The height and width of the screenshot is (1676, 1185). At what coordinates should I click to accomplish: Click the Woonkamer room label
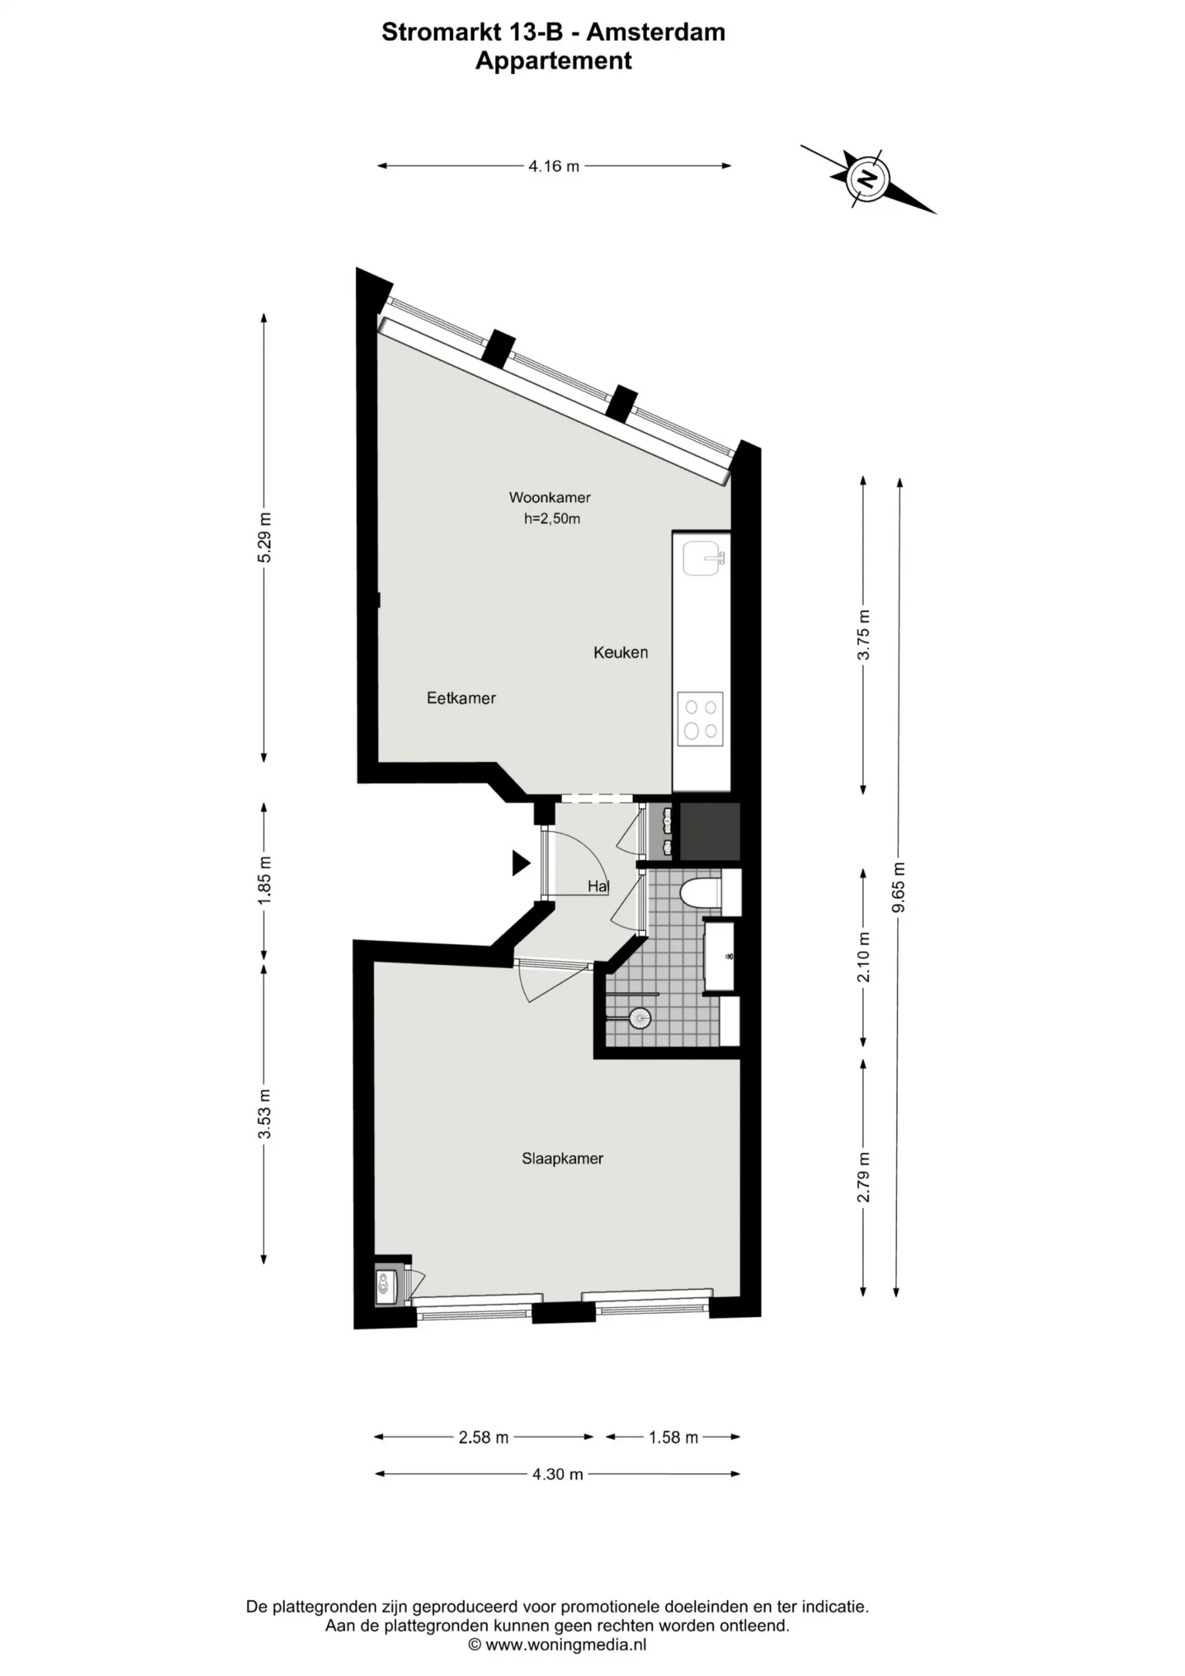[549, 498]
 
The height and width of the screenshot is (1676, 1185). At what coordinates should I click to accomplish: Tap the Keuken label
[621, 653]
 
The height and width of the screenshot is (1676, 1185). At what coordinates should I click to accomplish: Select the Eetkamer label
[462, 698]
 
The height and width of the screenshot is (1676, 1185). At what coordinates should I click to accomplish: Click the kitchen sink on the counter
[704, 558]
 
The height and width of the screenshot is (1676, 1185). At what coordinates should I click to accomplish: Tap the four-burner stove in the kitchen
[700, 719]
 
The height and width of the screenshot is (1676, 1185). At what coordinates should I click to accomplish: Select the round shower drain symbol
[640, 1018]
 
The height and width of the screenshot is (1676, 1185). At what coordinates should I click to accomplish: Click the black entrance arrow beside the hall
[520, 863]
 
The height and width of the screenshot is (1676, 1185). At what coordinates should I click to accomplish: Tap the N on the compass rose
[867, 178]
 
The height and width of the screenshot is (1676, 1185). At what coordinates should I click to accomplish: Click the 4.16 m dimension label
[554, 166]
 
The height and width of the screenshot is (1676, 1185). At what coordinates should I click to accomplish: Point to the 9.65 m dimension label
[899, 887]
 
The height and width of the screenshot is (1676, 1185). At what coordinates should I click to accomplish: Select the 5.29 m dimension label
[264, 537]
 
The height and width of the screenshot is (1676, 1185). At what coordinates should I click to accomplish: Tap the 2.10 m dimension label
[864, 957]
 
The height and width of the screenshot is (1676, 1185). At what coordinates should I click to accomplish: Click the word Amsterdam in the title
[655, 32]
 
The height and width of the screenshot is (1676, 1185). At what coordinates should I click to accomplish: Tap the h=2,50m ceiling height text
[552, 519]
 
